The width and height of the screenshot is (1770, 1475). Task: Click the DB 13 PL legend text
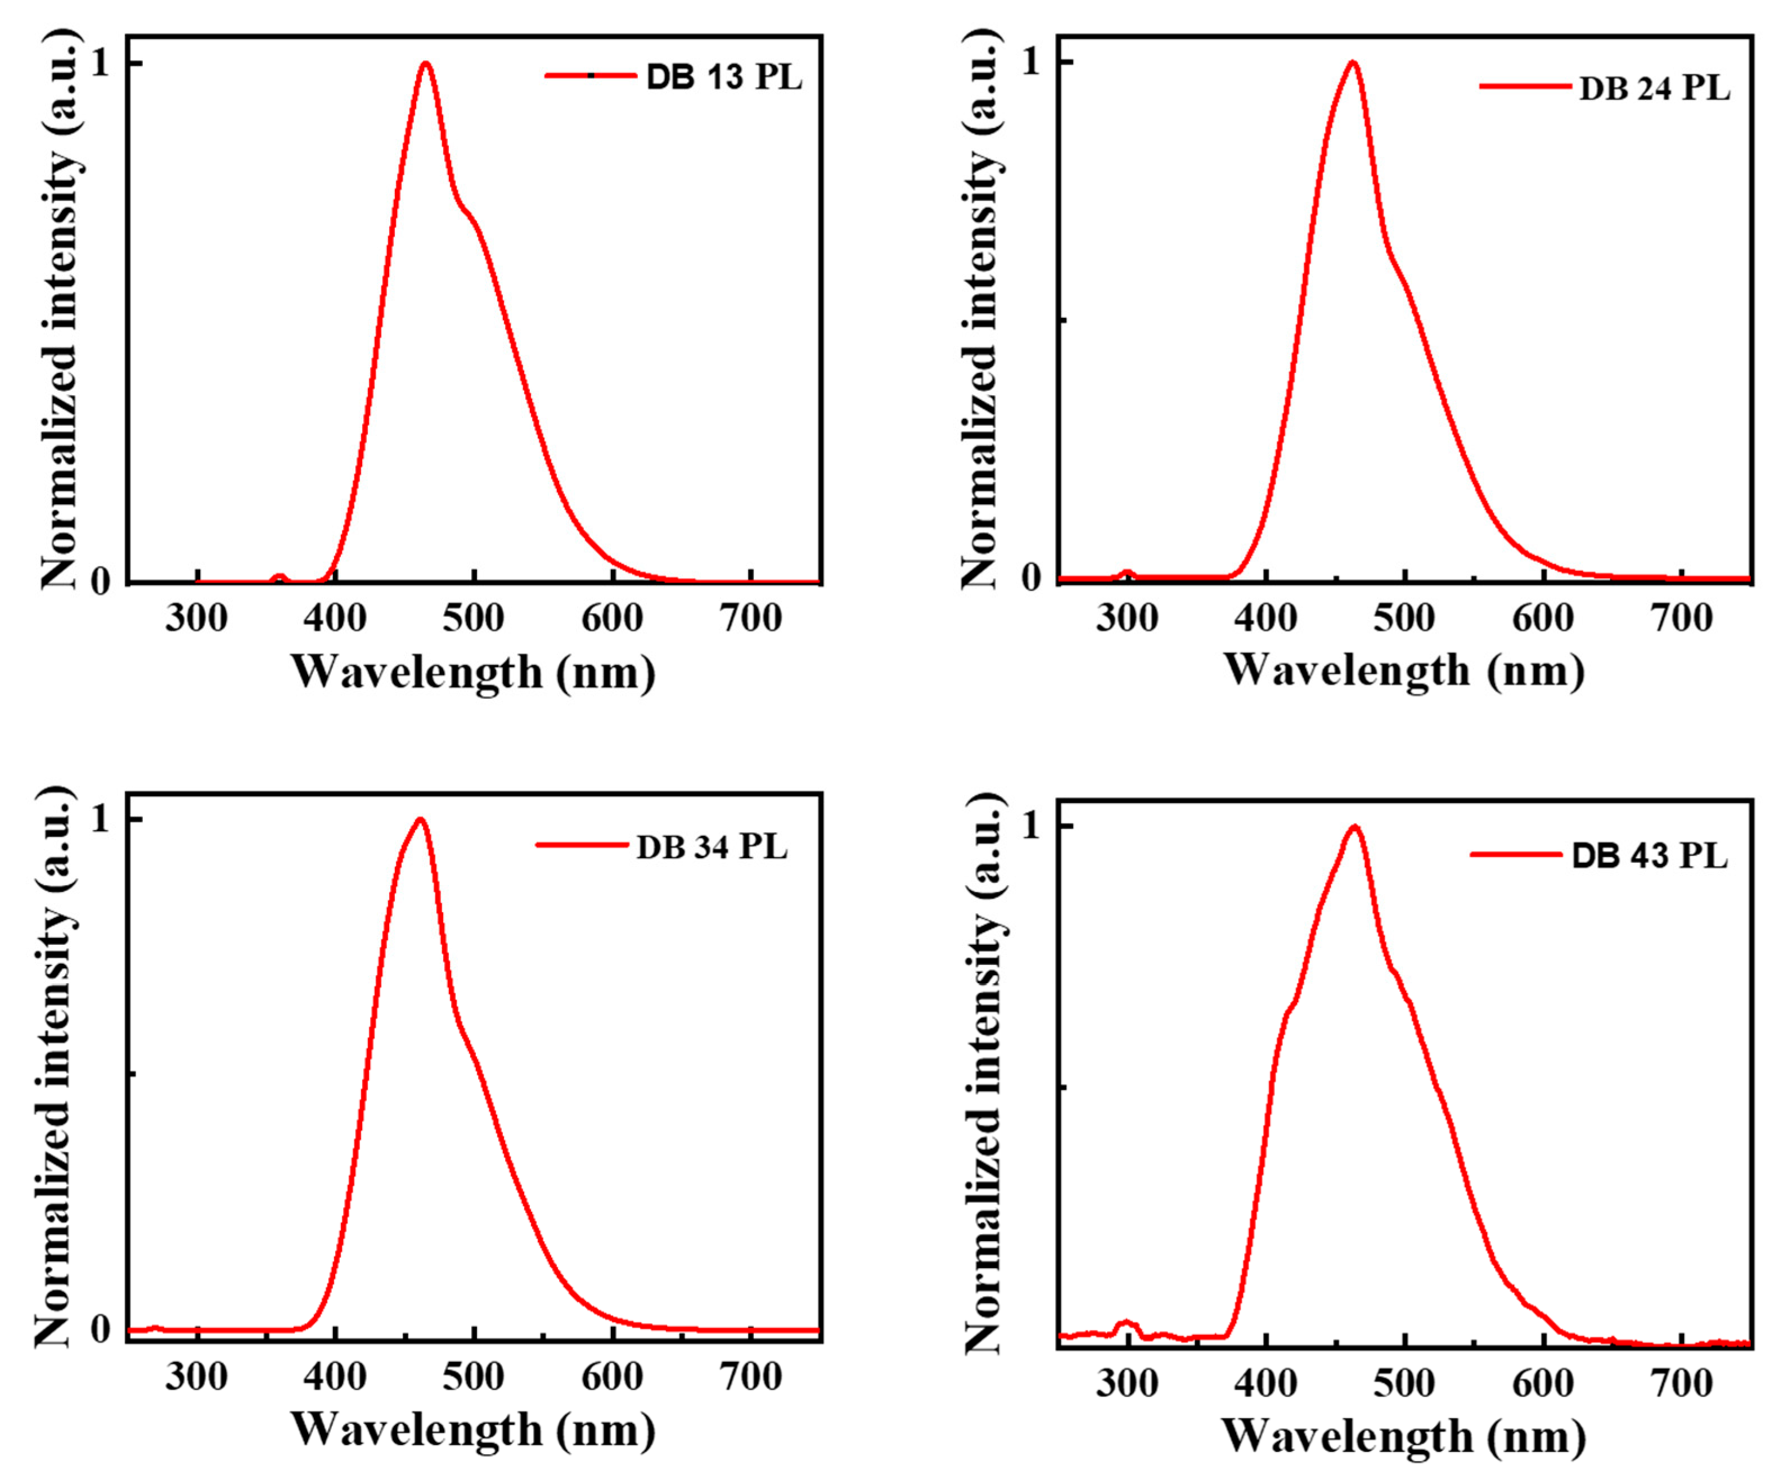coord(724,78)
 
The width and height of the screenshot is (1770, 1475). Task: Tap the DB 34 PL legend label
coord(712,847)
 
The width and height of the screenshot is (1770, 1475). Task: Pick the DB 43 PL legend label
coord(1650,856)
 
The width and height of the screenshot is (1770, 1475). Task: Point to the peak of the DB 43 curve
coord(1354,827)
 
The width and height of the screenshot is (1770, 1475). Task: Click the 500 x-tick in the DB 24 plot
coord(1404,620)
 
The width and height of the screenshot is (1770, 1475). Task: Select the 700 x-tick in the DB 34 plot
coord(751,1377)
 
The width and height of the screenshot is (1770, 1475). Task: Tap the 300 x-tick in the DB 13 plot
coord(196,620)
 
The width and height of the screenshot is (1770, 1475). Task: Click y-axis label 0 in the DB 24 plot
coord(1032,578)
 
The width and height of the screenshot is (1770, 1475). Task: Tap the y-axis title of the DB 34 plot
coord(55,1066)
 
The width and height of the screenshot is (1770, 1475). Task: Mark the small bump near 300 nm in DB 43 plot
coord(1126,1325)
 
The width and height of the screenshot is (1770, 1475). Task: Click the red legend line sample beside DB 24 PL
coord(1525,86)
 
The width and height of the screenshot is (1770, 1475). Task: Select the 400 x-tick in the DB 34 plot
coord(335,1377)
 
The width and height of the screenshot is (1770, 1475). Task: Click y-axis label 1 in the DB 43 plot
coord(1032,827)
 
